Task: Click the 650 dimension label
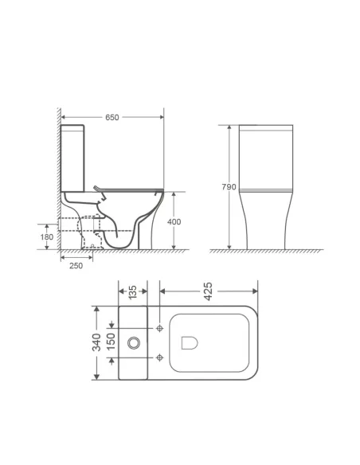click(x=112, y=117)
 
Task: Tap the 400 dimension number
click(x=173, y=221)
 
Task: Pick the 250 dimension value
click(x=75, y=265)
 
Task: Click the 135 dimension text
click(x=132, y=293)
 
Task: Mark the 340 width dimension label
click(x=96, y=342)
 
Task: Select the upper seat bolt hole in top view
click(x=161, y=329)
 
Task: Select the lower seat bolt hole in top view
click(x=161, y=356)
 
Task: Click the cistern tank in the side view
click(x=75, y=155)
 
